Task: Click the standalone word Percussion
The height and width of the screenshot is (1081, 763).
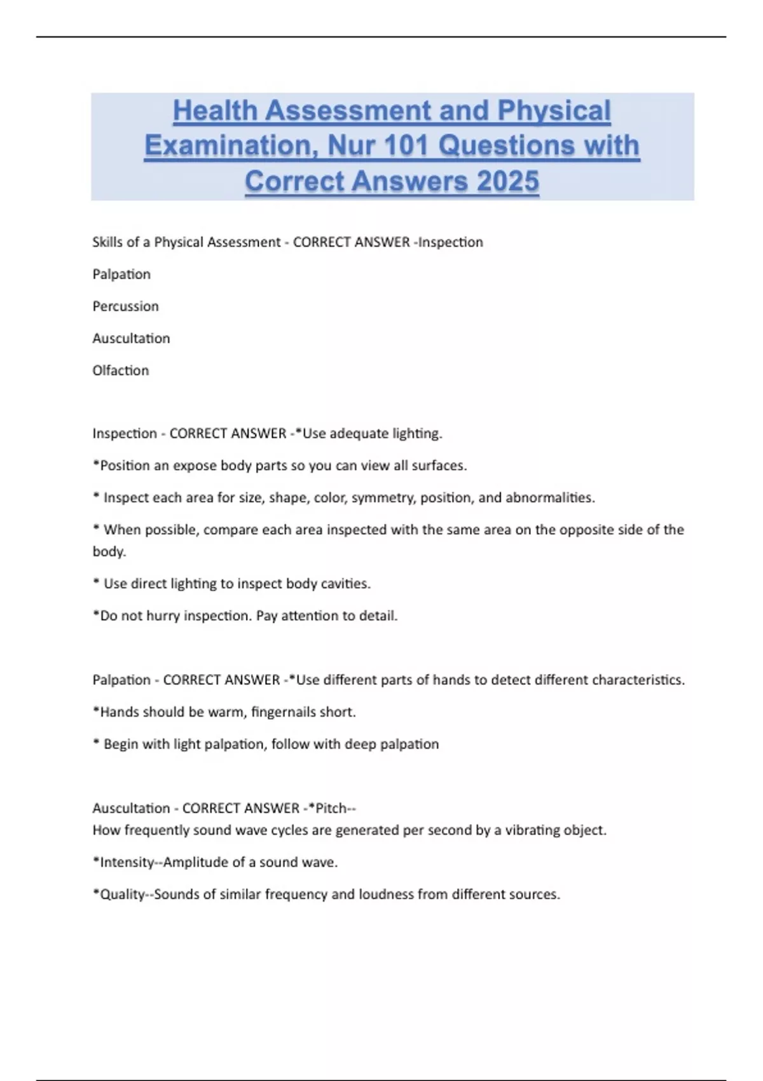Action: tap(125, 306)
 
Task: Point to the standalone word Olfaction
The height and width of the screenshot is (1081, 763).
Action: tap(120, 371)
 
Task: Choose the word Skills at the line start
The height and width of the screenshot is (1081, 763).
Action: tap(107, 242)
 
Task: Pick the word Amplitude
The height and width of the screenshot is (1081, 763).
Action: tap(194, 862)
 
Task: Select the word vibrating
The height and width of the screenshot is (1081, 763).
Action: tap(533, 830)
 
